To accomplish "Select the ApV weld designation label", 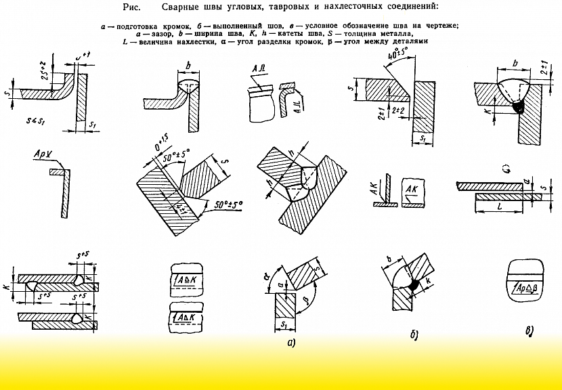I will coord(41,155).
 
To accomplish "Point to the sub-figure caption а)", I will coord(291,343).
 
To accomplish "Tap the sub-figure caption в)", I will coord(529,331).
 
